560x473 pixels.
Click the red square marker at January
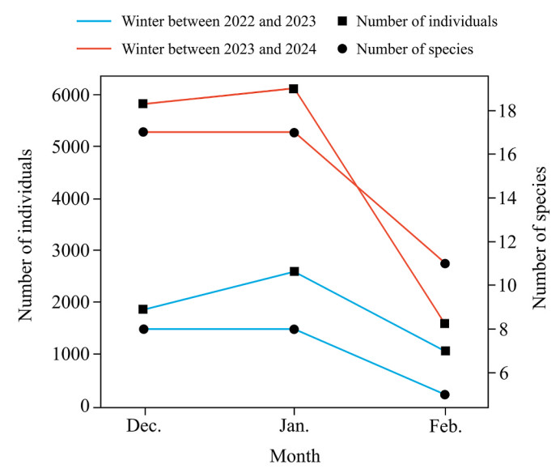294,88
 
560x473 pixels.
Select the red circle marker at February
444,263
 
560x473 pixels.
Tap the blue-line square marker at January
294,271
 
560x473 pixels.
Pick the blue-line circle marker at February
444,394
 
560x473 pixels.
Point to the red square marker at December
143,104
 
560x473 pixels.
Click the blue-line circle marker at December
143,329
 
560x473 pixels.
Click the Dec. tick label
143,428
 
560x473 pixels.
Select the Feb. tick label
444,428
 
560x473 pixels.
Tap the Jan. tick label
294,428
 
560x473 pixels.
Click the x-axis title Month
295,456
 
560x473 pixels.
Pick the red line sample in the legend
95,48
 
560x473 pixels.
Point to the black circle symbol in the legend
342,48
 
